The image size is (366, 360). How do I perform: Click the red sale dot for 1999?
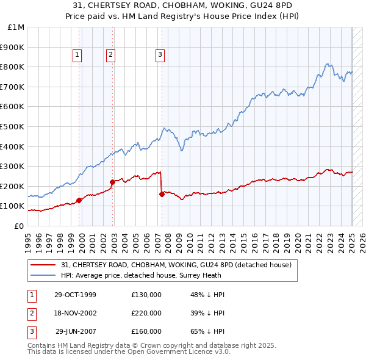point(79,200)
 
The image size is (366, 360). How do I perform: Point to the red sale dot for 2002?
point(112,182)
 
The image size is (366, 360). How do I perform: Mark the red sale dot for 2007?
point(162,194)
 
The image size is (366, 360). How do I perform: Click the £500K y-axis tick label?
point(12,126)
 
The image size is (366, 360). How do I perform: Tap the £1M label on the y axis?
point(16,27)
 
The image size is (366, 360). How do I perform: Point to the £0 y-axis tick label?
point(19,226)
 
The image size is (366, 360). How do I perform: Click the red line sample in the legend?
point(43,265)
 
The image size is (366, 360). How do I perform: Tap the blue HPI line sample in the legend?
point(43,275)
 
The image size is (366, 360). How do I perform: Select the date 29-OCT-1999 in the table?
point(75,295)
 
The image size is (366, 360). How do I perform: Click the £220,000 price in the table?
point(146,313)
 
